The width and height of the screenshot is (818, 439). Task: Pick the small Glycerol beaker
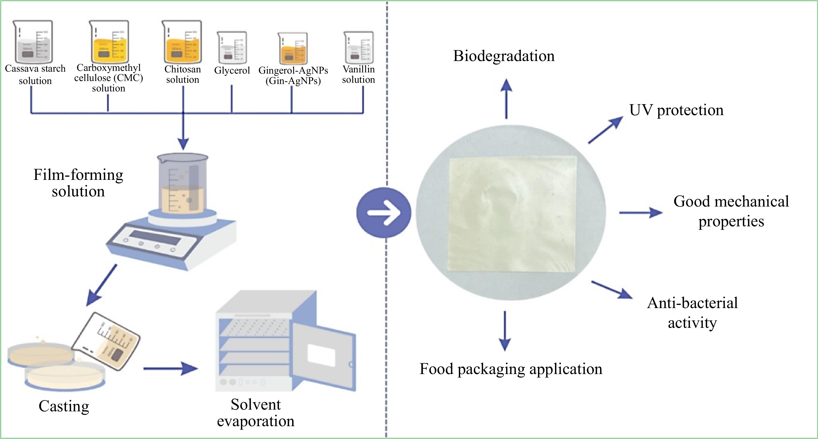coord(232,47)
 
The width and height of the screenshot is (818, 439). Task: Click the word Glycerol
coord(232,70)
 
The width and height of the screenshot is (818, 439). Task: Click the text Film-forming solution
coord(78,183)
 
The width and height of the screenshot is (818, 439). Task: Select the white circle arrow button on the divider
coord(384,212)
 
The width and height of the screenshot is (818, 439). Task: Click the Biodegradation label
coord(504,56)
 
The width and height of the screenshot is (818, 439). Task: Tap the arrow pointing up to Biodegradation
coord(506,98)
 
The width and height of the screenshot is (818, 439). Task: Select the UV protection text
coord(676,110)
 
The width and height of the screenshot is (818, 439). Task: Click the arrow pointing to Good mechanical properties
coord(640,212)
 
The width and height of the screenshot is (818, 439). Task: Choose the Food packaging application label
coord(511,369)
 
